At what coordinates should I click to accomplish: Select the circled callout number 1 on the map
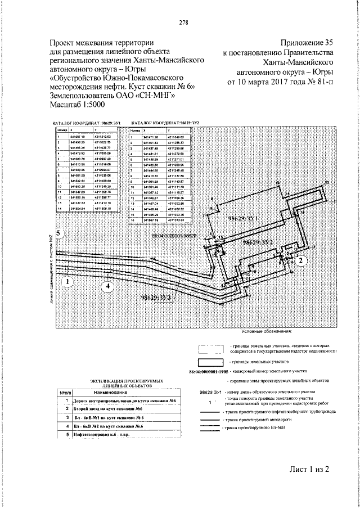pyautogui.click(x=67, y=281)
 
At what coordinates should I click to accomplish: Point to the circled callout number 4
pyautogui.click(x=106, y=286)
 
